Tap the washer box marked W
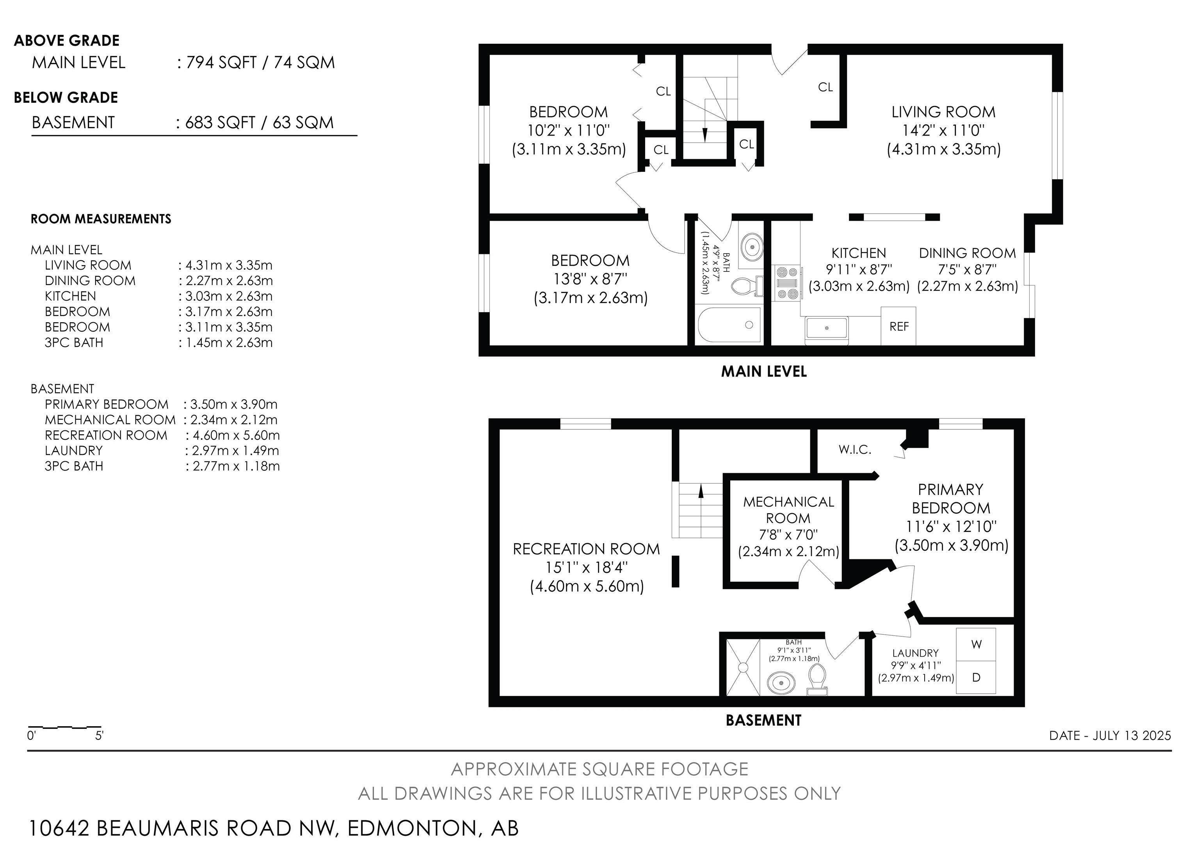pyautogui.click(x=976, y=644)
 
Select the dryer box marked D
pyautogui.click(x=976, y=678)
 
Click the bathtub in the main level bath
pyautogui.click(x=729, y=325)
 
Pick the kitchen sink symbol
pyautogui.click(x=827, y=328)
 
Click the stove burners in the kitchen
pyautogui.click(x=787, y=283)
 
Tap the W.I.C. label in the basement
pyautogui.click(x=855, y=449)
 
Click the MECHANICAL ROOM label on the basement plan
pyautogui.click(x=788, y=510)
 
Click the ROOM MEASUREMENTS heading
pyautogui.click(x=101, y=219)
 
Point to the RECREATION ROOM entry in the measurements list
pyautogui.click(x=106, y=435)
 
